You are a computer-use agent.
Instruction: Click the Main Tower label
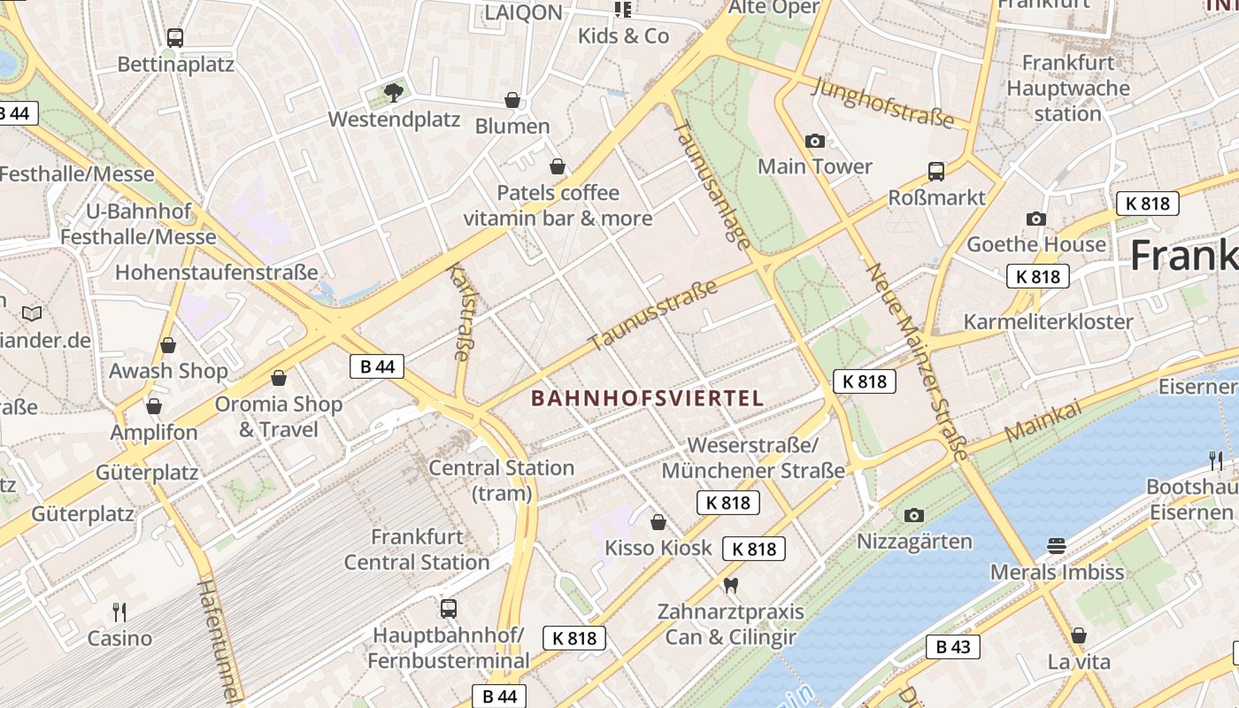pyautogui.click(x=814, y=166)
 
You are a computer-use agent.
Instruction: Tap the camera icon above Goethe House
pyautogui.click(x=1035, y=219)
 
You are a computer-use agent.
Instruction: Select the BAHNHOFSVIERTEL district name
pyautogui.click(x=647, y=398)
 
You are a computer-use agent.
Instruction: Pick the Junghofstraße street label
pyautogui.click(x=881, y=102)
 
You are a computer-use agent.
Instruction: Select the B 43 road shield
pyautogui.click(x=953, y=647)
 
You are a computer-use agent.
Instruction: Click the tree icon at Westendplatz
pyautogui.click(x=394, y=92)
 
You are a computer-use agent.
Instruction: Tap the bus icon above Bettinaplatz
pyautogui.click(x=175, y=38)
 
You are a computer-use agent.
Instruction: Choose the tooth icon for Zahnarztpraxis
pyautogui.click(x=730, y=585)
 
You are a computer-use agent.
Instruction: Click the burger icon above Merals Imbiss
pyautogui.click(x=1056, y=545)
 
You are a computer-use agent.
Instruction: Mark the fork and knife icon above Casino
pyautogui.click(x=119, y=612)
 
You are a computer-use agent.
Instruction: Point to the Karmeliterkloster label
pyautogui.click(x=1048, y=321)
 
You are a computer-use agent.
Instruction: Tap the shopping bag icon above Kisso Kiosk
pyautogui.click(x=658, y=522)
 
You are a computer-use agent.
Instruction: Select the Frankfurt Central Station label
pyautogui.click(x=417, y=549)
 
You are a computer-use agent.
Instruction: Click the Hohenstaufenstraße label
pyautogui.click(x=216, y=272)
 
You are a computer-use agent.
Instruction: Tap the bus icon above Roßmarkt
pyautogui.click(x=935, y=171)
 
